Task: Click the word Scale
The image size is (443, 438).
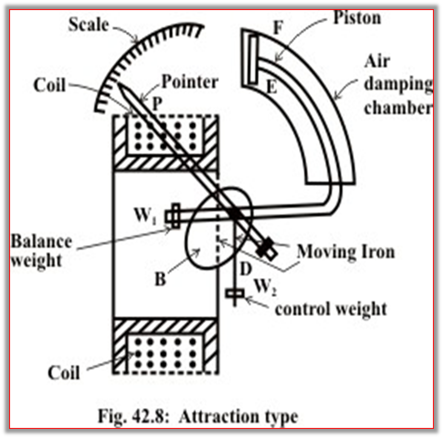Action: [x=88, y=24]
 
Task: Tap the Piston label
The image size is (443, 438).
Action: [x=357, y=18]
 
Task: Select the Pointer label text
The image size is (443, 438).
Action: [x=190, y=82]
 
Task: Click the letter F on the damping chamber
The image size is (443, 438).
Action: [x=278, y=28]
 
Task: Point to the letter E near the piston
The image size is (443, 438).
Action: [x=272, y=87]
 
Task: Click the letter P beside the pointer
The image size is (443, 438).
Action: [x=157, y=104]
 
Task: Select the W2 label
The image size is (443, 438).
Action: [x=265, y=287]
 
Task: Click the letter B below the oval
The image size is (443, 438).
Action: [x=160, y=279]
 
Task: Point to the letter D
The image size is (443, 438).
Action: [x=245, y=269]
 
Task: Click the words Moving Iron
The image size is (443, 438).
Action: [x=345, y=251]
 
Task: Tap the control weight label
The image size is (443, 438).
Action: [x=330, y=309]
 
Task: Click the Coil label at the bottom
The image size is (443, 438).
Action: [x=63, y=372]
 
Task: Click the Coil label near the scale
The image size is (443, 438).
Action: [x=49, y=84]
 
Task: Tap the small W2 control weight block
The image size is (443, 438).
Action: [x=235, y=293]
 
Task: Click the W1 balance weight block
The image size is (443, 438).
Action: [x=175, y=216]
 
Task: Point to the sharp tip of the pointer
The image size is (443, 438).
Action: [x=118, y=83]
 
